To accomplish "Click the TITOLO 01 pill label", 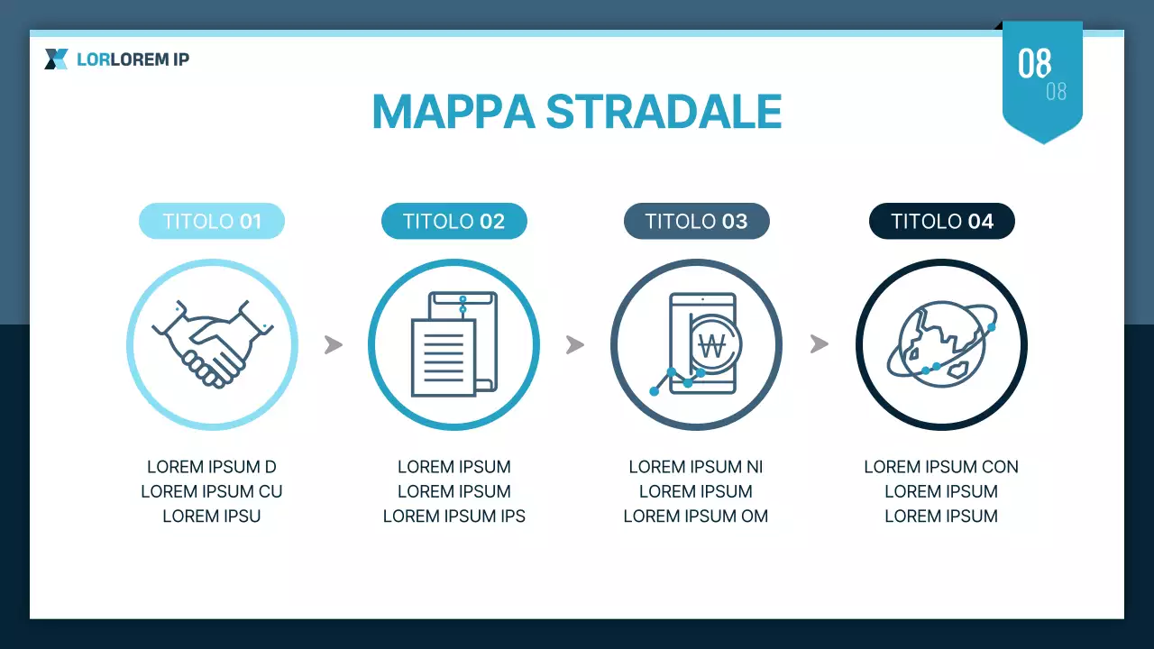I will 212,222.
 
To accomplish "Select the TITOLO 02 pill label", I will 453,222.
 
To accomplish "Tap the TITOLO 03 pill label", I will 696,222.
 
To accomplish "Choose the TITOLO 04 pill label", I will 941,222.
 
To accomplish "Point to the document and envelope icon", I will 453,344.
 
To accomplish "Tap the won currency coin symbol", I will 712,344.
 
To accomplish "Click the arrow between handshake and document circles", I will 334,344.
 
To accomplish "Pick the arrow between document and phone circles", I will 575,344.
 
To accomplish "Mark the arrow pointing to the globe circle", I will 819,344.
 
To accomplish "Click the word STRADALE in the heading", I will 664,112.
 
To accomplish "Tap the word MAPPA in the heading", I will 453,112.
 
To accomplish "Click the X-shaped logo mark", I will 56,59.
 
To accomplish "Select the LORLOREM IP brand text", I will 133,59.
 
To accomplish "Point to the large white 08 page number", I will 1034,64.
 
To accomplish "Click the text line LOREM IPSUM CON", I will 940,467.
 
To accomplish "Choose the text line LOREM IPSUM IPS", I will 453,516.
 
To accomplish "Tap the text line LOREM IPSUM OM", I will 696,516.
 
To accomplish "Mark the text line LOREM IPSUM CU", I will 212,492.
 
